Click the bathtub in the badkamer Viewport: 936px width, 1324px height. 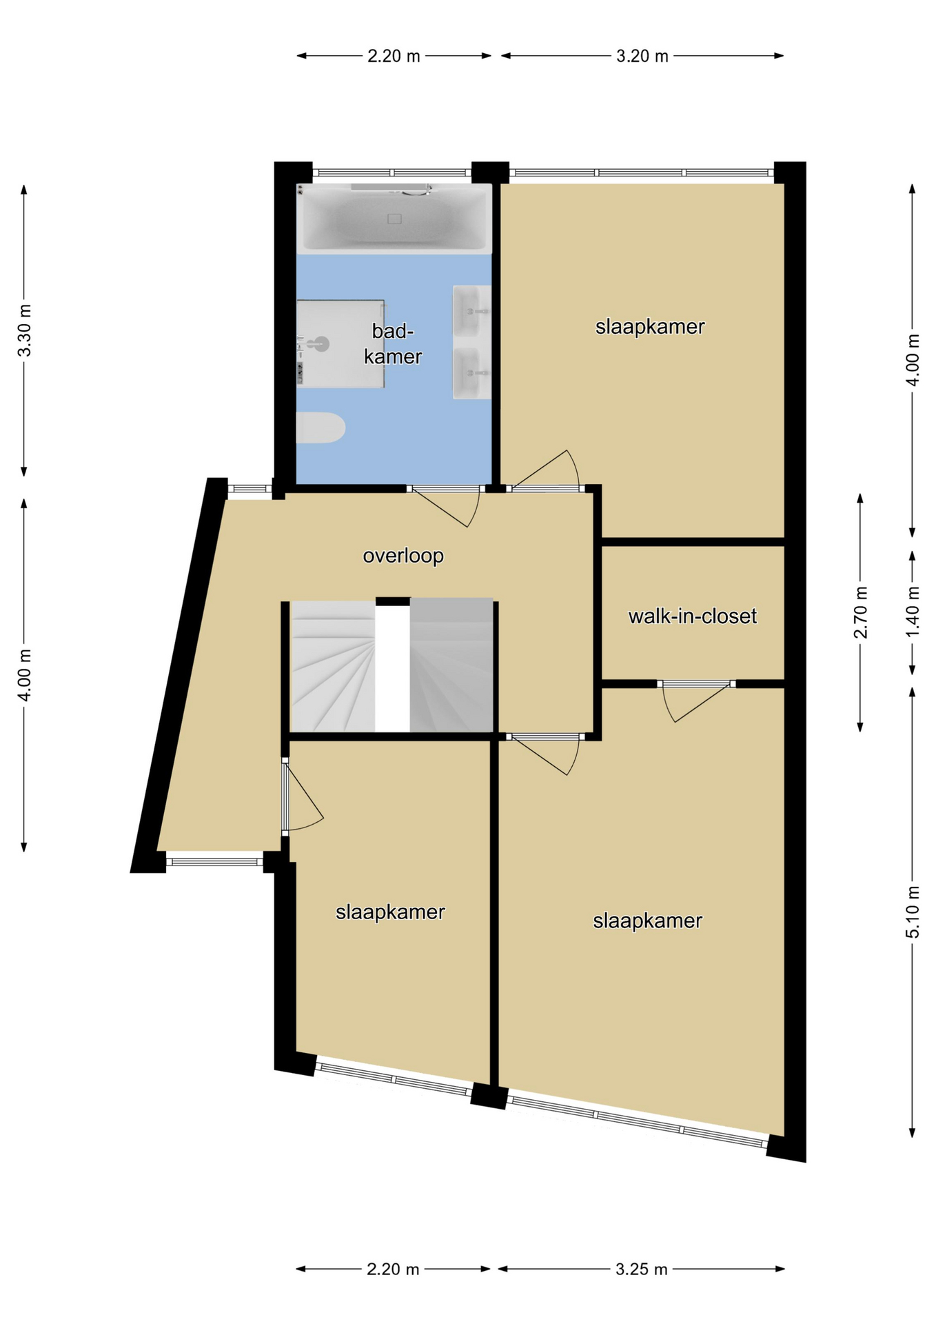(x=394, y=218)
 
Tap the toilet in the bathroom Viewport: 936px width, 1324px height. (x=321, y=428)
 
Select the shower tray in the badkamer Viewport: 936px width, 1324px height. (x=340, y=344)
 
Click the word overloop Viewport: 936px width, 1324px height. (x=403, y=556)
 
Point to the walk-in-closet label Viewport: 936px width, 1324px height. (x=693, y=616)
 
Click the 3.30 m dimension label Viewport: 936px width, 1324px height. (x=25, y=330)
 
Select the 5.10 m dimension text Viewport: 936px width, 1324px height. (x=913, y=912)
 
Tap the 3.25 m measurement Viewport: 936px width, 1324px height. (x=642, y=1269)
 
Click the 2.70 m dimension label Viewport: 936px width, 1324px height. (x=861, y=612)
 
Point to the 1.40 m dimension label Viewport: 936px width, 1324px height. (x=913, y=612)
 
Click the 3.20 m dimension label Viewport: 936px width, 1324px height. (x=642, y=56)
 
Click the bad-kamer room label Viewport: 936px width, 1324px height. (x=393, y=343)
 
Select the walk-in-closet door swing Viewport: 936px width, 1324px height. (x=695, y=703)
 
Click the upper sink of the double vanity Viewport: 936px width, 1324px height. (x=472, y=311)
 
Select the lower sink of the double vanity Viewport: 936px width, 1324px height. (x=472, y=373)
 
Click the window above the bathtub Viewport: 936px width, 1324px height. (x=391, y=172)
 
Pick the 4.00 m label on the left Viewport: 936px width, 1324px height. (x=25, y=675)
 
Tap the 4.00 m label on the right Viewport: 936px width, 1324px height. (x=913, y=360)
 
